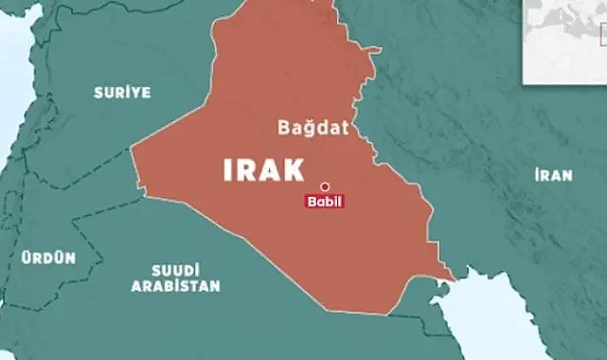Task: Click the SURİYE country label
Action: pos(122,92)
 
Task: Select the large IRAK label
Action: pos(264,170)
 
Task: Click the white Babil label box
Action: pos(324,202)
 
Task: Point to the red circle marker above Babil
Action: pos(324,187)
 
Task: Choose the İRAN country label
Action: pos(553,174)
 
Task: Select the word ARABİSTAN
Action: pos(176,285)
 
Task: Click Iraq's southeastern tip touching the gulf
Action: pos(452,279)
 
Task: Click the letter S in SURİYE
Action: pos(98,92)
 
